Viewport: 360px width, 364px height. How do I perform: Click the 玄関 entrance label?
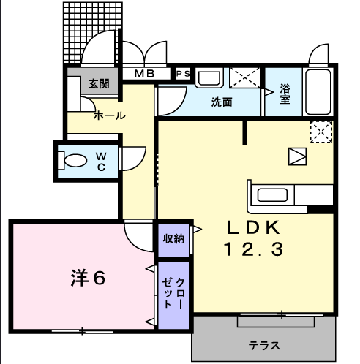coord(99,83)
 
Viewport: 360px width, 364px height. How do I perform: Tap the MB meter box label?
coord(145,73)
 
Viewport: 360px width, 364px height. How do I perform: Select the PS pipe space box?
coord(183,74)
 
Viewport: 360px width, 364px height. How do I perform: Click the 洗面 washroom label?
coord(222,102)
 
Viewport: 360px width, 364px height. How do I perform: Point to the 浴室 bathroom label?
coord(285,94)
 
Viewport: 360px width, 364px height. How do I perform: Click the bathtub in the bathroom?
coord(318,92)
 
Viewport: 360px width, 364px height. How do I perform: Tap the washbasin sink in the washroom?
coord(209,78)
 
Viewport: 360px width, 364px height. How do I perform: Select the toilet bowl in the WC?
coord(72,161)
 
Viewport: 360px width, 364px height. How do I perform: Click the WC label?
coord(101,162)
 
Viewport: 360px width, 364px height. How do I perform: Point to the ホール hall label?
coord(110,115)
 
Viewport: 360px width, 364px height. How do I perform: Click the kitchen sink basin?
coord(272,195)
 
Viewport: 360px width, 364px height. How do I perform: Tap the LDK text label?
coord(253,227)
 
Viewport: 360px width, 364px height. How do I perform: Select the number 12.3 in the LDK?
coord(253,249)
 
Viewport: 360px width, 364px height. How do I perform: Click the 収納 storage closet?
coord(173,240)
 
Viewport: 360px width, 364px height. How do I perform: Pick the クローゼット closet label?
coord(173,293)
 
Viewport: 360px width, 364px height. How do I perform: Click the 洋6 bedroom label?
coord(88,278)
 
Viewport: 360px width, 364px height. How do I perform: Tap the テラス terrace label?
coord(264,346)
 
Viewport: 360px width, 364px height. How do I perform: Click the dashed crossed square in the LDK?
coord(321,132)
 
